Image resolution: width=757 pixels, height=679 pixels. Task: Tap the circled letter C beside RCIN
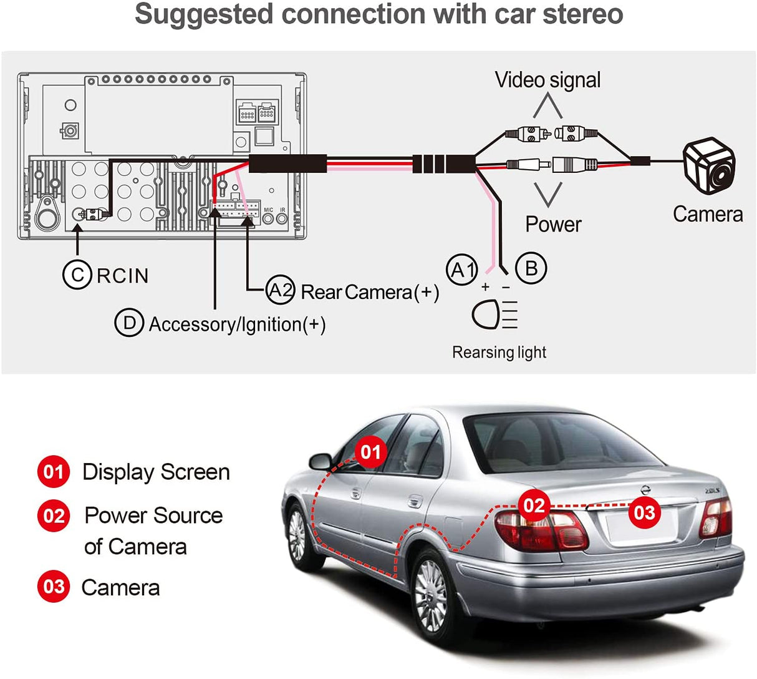point(77,275)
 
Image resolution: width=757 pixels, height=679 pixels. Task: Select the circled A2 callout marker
point(280,290)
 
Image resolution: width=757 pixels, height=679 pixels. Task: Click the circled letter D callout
point(130,323)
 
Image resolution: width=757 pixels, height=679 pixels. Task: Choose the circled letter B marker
point(531,268)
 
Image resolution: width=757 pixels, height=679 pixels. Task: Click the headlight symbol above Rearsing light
point(495,315)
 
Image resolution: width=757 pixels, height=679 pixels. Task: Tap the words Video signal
point(547,80)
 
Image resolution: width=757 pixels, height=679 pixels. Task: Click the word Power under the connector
point(553,224)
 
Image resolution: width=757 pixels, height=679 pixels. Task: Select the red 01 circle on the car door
point(371,451)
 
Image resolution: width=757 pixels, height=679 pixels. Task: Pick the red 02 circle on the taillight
point(534,505)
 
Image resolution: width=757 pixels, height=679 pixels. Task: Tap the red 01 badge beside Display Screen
point(54,472)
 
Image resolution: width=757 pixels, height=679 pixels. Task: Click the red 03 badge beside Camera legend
point(54,587)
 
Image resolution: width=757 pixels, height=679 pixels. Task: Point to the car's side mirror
point(321,461)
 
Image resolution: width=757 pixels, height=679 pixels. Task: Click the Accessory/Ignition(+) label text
point(237,324)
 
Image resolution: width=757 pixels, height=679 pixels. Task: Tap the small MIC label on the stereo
point(269,210)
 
